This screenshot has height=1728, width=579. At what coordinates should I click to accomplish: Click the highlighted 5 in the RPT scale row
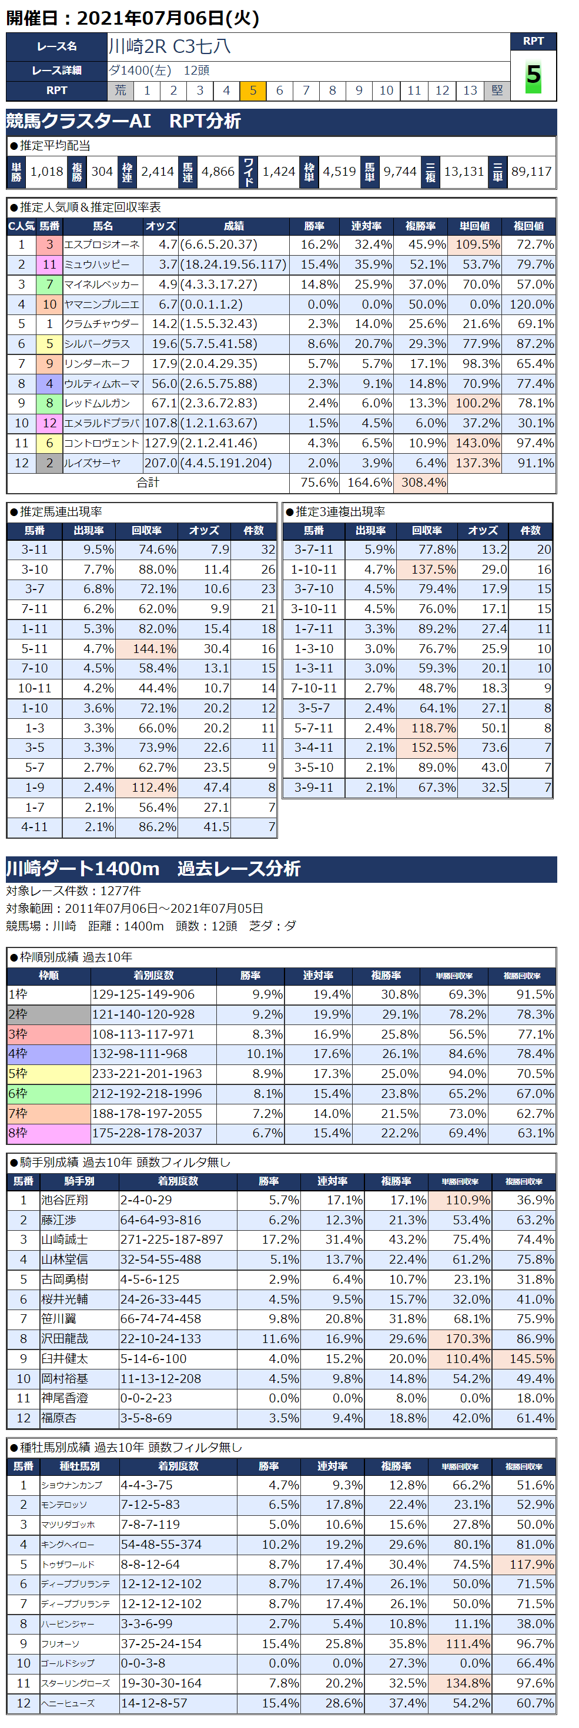pyautogui.click(x=253, y=91)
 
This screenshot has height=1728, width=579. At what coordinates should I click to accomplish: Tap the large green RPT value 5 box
pyautogui.click(x=533, y=75)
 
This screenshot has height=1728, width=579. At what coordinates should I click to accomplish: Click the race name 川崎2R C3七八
pyautogui.click(x=170, y=46)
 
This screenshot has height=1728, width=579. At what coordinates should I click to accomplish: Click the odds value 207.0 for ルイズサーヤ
pyautogui.click(x=161, y=464)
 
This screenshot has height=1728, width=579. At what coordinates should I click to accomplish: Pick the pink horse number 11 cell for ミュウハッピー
pyautogui.click(x=49, y=265)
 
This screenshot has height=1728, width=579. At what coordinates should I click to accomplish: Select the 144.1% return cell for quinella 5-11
pyautogui.click(x=146, y=649)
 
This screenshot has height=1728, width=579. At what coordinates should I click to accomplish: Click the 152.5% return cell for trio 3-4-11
pyautogui.click(x=427, y=748)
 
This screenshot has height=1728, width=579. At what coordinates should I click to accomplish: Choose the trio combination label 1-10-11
pyautogui.click(x=313, y=570)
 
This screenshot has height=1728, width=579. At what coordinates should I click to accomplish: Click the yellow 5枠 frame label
pyautogui.click(x=48, y=1074)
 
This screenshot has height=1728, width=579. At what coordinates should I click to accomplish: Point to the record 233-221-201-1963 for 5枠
pyautogui.click(x=147, y=1074)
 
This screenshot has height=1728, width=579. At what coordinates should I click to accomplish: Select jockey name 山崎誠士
pyautogui.click(x=65, y=1240)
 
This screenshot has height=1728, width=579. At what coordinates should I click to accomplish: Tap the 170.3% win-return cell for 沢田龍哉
pyautogui.click(x=460, y=1339)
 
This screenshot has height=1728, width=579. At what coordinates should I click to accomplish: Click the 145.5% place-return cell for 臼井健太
pyautogui.click(x=523, y=1359)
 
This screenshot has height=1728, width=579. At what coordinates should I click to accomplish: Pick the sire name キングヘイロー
pyautogui.click(x=68, y=1545)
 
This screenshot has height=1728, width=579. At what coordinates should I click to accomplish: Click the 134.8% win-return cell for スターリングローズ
pyautogui.click(x=460, y=1684)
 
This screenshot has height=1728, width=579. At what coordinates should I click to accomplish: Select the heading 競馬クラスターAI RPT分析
pyautogui.click(x=123, y=122)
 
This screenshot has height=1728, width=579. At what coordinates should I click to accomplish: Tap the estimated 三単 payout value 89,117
pyautogui.click(x=531, y=172)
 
